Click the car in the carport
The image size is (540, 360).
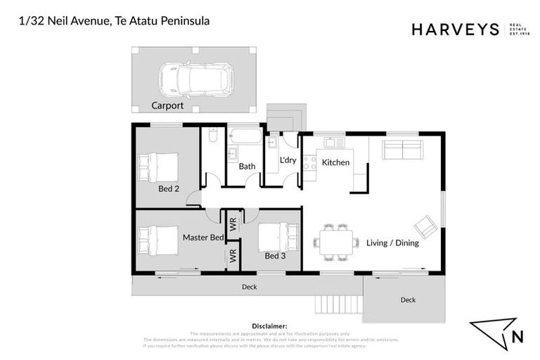(x=196, y=78)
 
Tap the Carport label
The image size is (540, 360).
(x=167, y=106)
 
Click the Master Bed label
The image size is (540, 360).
(x=203, y=238)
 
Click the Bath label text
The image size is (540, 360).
(x=247, y=167)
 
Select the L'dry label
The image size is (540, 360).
(x=288, y=160)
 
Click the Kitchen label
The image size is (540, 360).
(x=335, y=162)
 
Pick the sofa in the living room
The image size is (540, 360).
(x=401, y=150)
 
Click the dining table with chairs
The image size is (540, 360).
(x=333, y=241)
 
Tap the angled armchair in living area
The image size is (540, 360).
(x=425, y=226)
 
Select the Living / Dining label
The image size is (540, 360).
(x=392, y=243)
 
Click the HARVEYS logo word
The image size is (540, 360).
(x=455, y=30)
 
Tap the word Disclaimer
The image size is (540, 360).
(x=269, y=326)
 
